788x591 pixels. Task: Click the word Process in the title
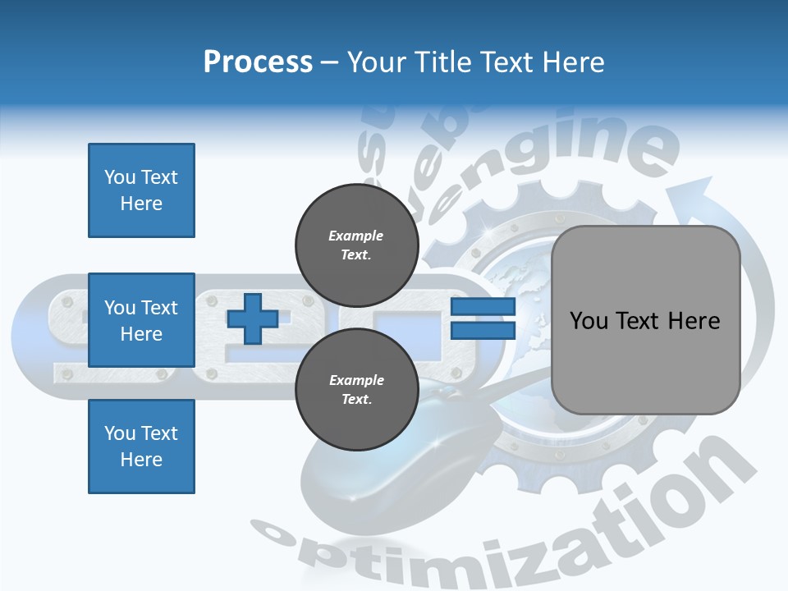(258, 62)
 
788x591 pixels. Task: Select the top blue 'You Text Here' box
(141, 190)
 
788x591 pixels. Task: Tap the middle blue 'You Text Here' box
(141, 320)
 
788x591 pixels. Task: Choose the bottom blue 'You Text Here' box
(141, 446)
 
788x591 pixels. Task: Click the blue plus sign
(253, 319)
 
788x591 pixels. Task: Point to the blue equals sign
(483, 318)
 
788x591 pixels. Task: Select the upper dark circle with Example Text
(356, 245)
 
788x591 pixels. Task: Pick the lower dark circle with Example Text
(356, 389)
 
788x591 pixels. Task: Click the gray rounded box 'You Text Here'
(645, 320)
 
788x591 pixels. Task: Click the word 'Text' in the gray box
(646, 320)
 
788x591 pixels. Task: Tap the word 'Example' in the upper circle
(356, 236)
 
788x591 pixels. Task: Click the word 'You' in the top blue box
(119, 177)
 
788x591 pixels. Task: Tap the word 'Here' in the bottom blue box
(141, 460)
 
